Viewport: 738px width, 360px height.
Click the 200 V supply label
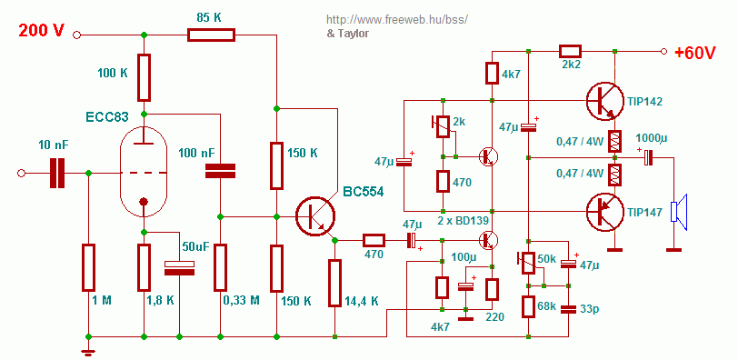(x=42, y=31)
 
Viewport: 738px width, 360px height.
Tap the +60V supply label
(x=695, y=53)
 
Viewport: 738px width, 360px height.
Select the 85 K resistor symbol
(x=211, y=35)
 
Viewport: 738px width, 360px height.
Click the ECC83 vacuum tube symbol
(x=144, y=174)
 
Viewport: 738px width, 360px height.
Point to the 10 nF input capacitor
(x=57, y=173)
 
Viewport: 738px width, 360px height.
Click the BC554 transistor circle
(x=315, y=216)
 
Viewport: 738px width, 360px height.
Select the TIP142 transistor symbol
(x=606, y=102)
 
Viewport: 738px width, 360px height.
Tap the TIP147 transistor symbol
(x=606, y=212)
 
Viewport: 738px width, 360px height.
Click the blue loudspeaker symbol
(x=680, y=212)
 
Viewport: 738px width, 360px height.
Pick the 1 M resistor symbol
(x=88, y=267)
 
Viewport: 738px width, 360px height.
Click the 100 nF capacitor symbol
(x=220, y=171)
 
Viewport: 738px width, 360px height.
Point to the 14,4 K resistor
(x=334, y=283)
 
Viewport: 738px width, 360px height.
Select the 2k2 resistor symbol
(x=570, y=51)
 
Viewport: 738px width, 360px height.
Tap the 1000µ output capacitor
(x=649, y=157)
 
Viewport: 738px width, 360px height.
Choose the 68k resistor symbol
(x=529, y=307)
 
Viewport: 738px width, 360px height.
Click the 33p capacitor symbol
(x=569, y=309)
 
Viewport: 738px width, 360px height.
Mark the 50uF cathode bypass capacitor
(x=179, y=268)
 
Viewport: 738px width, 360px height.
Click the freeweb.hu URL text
(x=398, y=20)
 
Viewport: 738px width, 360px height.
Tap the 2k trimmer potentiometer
(x=443, y=126)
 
